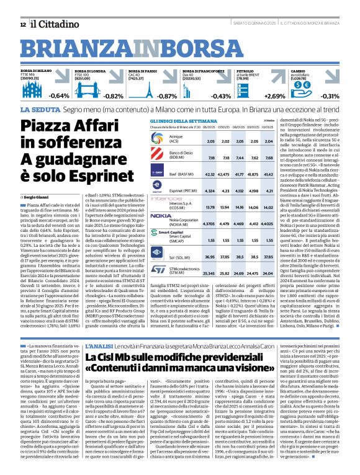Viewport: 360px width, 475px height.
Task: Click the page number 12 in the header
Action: tap(22, 24)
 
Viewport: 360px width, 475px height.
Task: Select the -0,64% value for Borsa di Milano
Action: tap(60, 96)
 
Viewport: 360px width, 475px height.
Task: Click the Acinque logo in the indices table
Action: tap(161, 141)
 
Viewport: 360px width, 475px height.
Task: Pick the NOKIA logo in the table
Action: tap(161, 216)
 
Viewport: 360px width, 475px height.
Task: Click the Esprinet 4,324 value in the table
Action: tap(210, 191)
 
